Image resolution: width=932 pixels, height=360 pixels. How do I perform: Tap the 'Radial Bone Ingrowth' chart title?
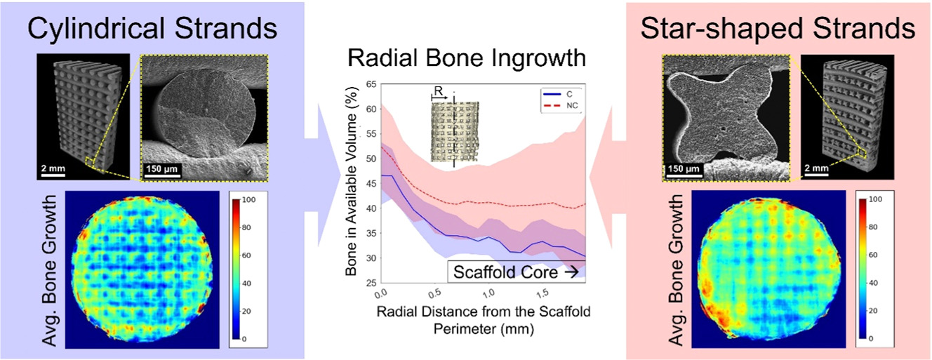(x=467, y=58)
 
